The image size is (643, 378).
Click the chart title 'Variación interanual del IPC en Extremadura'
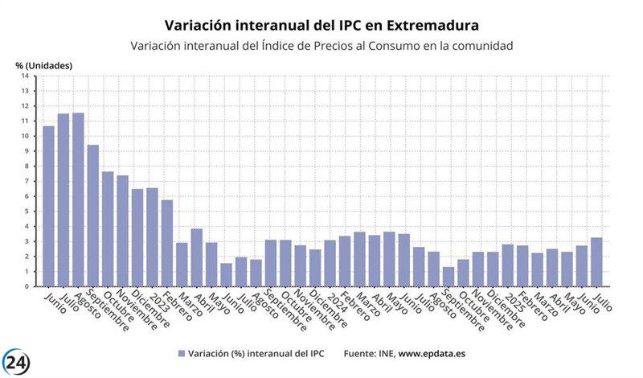tap(321, 26)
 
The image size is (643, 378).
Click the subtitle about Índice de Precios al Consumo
tap(321, 46)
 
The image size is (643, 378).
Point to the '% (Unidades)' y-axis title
tap(43, 64)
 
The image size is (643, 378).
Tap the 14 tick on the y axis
tap(26, 76)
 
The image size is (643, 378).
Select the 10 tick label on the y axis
tap(26, 136)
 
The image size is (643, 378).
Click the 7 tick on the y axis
tap(26, 181)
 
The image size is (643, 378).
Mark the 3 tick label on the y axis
tap(26, 241)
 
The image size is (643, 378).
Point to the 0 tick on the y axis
tap(26, 286)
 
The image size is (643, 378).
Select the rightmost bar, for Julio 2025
tap(596, 261)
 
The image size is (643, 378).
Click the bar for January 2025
tap(507, 265)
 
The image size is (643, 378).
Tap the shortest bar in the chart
tap(448, 276)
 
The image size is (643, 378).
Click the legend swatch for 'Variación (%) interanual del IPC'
tap(182, 353)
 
